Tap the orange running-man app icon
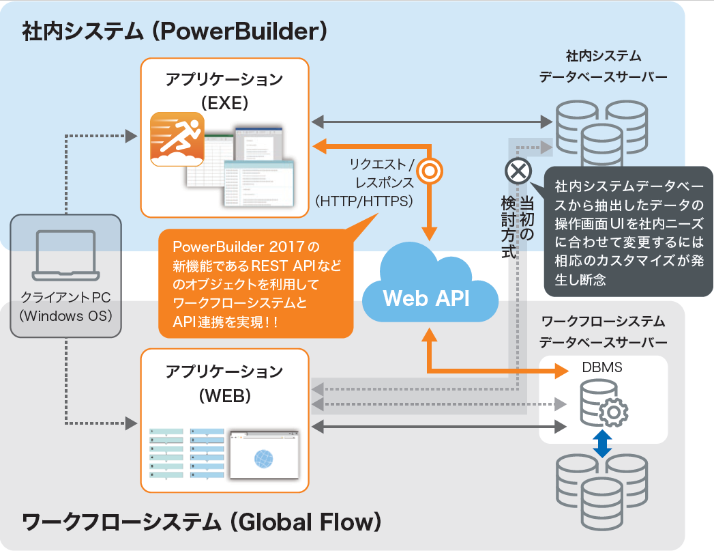(x=177, y=140)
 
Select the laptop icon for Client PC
(x=66, y=256)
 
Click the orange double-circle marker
(x=429, y=171)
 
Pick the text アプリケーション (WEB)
(x=224, y=383)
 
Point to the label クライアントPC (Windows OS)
(x=66, y=307)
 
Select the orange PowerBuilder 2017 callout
(x=255, y=283)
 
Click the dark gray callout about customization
(x=628, y=232)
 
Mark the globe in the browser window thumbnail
(x=263, y=458)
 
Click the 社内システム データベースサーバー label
(x=603, y=66)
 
